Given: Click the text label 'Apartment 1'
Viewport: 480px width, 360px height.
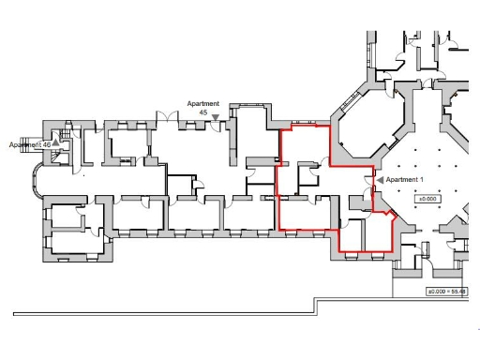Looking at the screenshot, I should coord(406,179).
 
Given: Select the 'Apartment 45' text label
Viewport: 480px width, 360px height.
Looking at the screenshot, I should coord(203,108).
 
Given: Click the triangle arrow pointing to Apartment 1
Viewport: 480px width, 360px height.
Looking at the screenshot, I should coord(380,179).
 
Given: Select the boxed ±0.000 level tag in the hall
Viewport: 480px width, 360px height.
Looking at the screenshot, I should coord(428,200).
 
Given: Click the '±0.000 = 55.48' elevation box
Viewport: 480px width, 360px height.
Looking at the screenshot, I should coord(447,292).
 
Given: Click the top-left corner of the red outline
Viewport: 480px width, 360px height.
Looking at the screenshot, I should coord(281,130).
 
